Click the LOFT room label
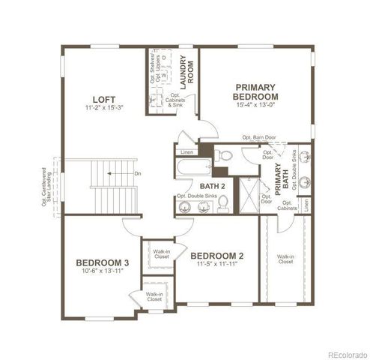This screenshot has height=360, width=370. (103, 99)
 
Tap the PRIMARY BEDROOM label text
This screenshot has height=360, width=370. (256, 92)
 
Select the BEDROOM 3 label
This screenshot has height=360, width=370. (102, 263)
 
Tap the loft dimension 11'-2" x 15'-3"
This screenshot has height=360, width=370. (103, 108)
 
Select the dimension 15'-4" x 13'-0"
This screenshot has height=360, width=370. (256, 106)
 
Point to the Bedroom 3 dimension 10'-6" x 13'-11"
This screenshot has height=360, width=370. (102, 272)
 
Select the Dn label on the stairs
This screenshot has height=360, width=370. (137, 174)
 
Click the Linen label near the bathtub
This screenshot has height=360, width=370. (187, 152)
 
